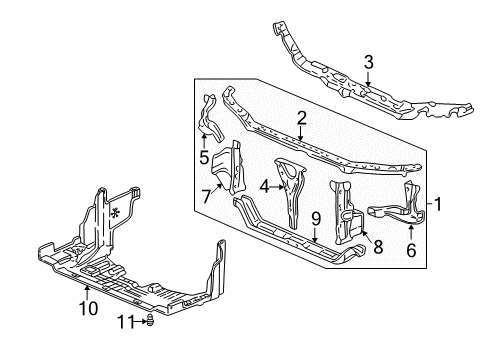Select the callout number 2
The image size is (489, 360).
click(299, 118)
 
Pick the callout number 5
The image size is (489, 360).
click(203, 157)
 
